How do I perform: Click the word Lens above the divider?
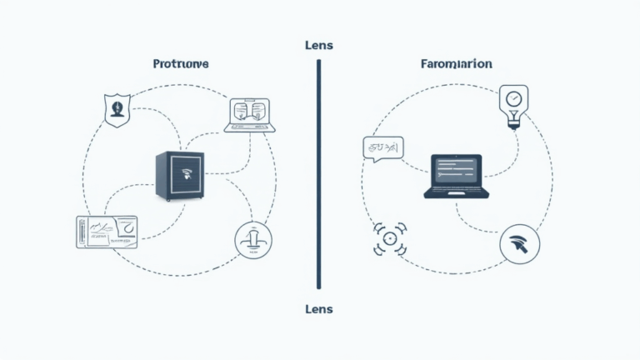pos(319,45)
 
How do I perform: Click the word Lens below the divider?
pos(319,309)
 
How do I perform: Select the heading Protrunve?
pos(181,63)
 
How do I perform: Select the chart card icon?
pos(107,231)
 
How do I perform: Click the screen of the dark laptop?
pos(454,170)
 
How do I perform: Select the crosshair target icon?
pos(388,239)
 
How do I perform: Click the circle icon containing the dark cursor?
pos(519,244)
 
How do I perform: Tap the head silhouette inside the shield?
pos(117,107)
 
